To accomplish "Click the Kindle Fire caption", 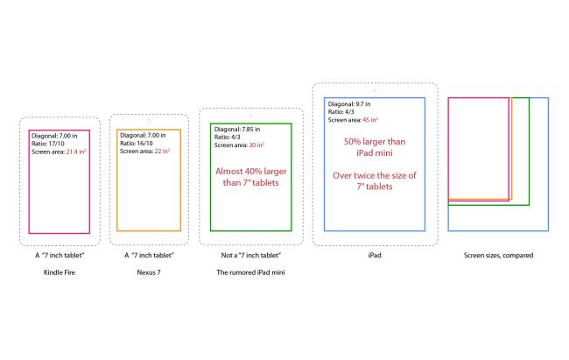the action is click(x=60, y=272).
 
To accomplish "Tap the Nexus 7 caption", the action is click(x=149, y=272).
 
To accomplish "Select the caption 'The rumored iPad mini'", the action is click(x=250, y=272).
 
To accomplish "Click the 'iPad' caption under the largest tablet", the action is click(x=375, y=255).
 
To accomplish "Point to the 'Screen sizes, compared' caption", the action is click(x=498, y=256).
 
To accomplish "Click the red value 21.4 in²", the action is click(x=76, y=152).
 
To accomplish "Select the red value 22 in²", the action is click(x=162, y=151).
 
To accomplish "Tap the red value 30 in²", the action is click(x=256, y=145).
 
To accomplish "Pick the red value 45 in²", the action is click(x=370, y=120).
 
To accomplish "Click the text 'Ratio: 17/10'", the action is click(x=48, y=144).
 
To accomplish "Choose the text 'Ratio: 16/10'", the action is click(x=137, y=143).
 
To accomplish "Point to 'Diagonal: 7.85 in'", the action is click(x=237, y=129).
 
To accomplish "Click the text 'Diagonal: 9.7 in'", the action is click(x=349, y=104).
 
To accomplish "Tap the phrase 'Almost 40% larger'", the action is click(x=250, y=171).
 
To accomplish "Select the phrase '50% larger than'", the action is click(x=375, y=142).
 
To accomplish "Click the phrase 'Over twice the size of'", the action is click(x=375, y=175).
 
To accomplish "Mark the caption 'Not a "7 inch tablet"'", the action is click(x=250, y=255).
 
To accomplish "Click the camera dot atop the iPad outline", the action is click(x=376, y=90).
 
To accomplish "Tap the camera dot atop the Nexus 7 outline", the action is click(x=149, y=121).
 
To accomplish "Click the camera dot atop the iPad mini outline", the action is click(x=250, y=116).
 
